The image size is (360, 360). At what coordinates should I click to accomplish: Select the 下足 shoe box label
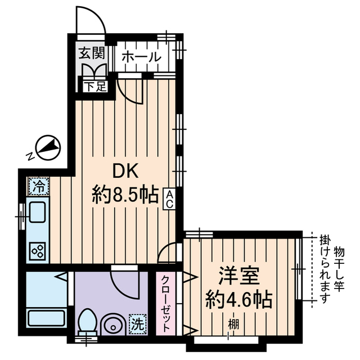[x=92, y=87]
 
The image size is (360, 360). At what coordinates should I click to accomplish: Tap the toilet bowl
[x=87, y=323]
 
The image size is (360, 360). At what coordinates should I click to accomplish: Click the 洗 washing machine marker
[x=137, y=324]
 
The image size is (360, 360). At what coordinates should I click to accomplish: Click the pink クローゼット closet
[x=167, y=304]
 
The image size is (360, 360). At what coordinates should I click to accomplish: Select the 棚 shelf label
[x=232, y=324]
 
